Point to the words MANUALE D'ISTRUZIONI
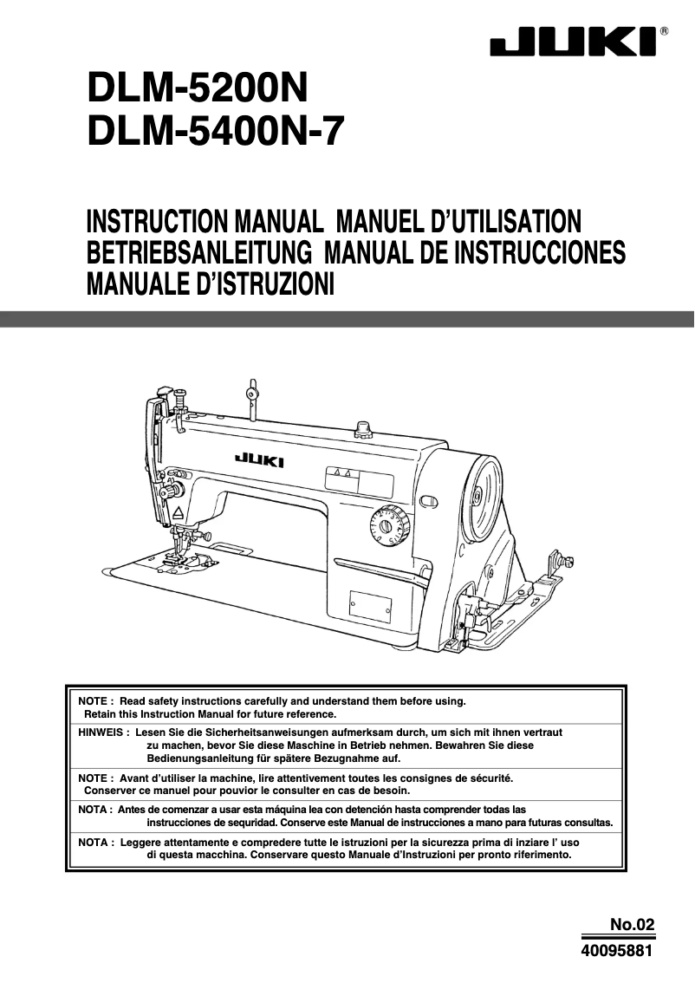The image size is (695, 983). (x=210, y=283)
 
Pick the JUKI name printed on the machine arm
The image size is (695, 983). (x=258, y=461)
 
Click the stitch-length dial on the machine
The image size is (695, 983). (x=382, y=526)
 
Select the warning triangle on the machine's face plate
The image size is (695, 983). (x=178, y=513)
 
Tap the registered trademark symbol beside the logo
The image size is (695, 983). (x=664, y=31)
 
